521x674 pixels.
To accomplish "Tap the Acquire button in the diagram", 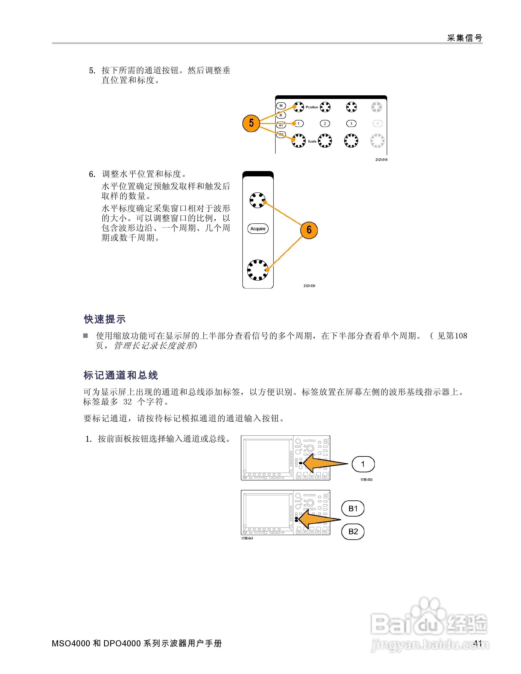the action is tap(258, 229).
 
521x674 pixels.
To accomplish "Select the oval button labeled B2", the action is tap(353, 531).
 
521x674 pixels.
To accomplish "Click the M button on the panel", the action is tap(281, 106).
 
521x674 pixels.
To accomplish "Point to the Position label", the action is tap(312, 107).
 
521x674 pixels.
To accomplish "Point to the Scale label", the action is tap(312, 141).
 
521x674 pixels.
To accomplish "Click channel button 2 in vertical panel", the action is tap(325, 123).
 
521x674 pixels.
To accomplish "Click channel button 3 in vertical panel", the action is tap(351, 123).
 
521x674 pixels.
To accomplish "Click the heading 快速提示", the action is tap(105, 319).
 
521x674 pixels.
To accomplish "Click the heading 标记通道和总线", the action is tap(121, 375).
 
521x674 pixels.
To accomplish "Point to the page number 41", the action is tap(478, 643).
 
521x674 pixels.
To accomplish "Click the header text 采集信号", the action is tap(465, 38).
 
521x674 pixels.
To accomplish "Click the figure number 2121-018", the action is tap(381, 160).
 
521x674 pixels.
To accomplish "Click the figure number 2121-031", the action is tap(309, 286).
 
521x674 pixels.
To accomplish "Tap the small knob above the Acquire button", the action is tap(257, 200).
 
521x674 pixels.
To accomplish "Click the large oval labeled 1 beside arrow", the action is tap(363, 464).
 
